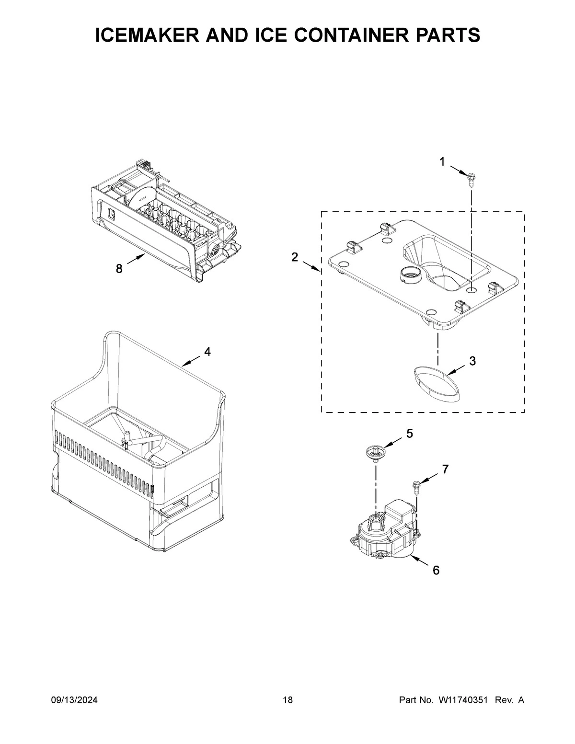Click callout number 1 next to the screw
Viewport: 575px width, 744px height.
point(442,162)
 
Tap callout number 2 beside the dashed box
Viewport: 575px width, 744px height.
point(295,257)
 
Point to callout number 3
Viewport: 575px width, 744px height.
point(472,361)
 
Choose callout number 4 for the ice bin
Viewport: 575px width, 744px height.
point(207,352)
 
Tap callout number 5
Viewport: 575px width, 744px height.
point(409,433)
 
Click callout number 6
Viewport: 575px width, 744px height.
point(436,570)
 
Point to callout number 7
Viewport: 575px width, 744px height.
point(445,469)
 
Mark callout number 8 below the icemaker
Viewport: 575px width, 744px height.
point(119,269)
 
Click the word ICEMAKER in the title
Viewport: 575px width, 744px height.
point(154,35)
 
